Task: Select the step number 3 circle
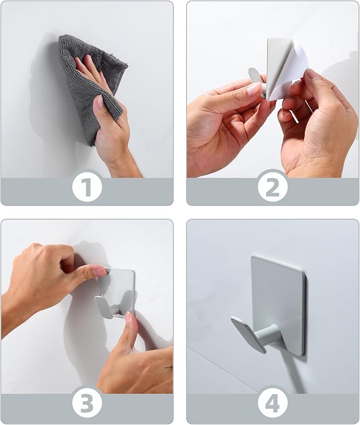87,405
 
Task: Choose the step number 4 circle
273,405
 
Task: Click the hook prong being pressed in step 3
104,306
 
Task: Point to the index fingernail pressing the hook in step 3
100,272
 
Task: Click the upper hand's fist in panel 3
48,271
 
